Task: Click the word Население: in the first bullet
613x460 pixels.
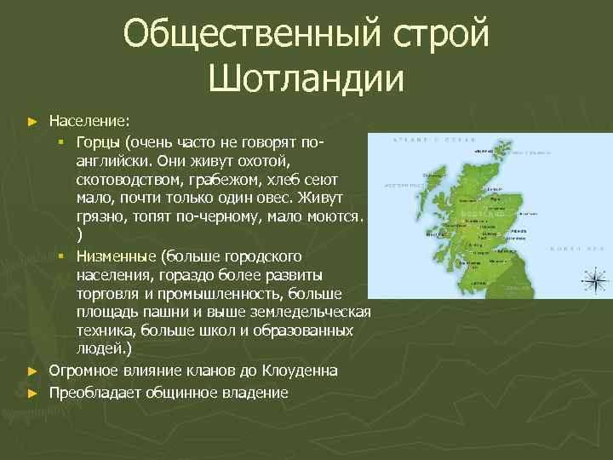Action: click(x=89, y=120)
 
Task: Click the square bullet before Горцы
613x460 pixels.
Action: click(x=62, y=140)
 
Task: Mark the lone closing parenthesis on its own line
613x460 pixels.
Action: click(x=79, y=236)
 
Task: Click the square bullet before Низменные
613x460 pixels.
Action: click(x=62, y=256)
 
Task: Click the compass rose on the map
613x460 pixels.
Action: click(x=593, y=278)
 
